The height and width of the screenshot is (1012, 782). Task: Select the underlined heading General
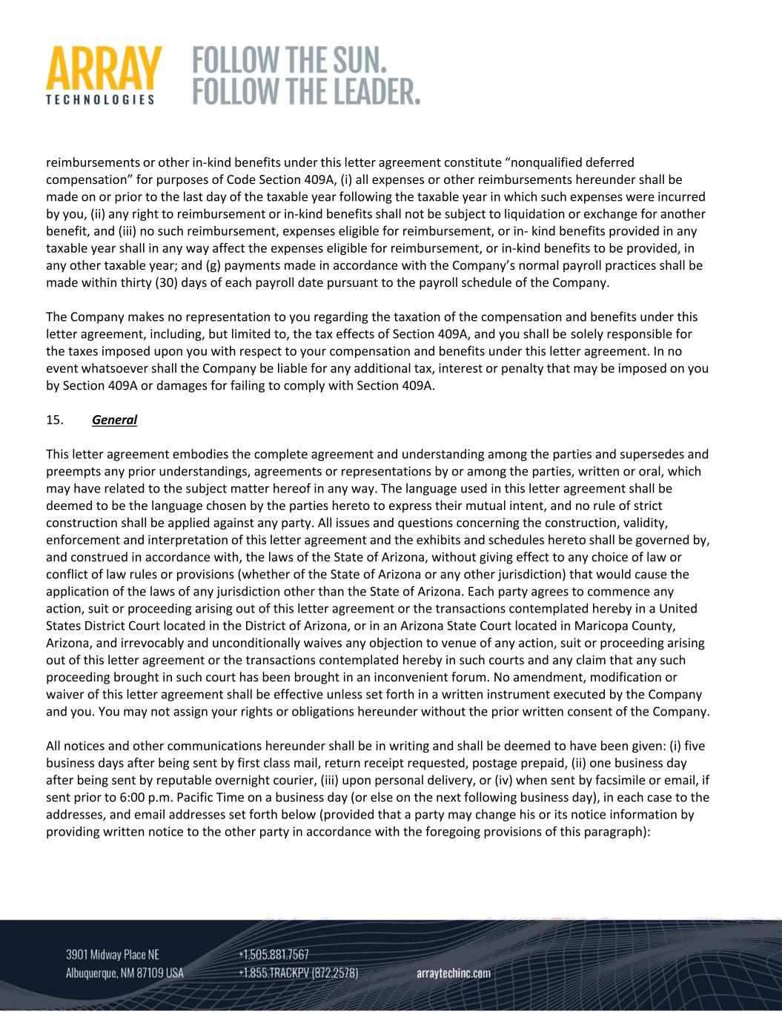(x=114, y=420)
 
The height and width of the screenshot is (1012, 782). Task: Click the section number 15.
(x=54, y=420)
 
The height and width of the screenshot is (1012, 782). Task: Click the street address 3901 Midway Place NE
(x=113, y=954)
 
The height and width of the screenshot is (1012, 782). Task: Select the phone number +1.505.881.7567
(x=274, y=954)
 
